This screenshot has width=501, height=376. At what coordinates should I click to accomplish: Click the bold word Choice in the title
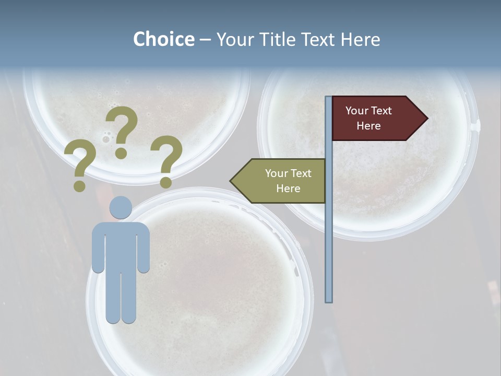(163, 39)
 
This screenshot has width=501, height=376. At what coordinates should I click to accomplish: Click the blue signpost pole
(329, 235)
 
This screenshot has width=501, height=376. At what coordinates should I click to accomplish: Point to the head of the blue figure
(121, 207)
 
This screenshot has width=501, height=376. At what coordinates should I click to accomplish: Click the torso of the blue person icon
(121, 245)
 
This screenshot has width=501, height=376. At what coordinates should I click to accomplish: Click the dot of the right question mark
(166, 183)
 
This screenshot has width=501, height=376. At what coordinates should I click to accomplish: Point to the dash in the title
(205, 40)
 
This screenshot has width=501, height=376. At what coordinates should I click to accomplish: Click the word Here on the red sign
(368, 126)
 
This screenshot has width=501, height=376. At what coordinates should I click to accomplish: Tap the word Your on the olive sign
(275, 173)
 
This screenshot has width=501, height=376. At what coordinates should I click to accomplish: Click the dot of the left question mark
(79, 185)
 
